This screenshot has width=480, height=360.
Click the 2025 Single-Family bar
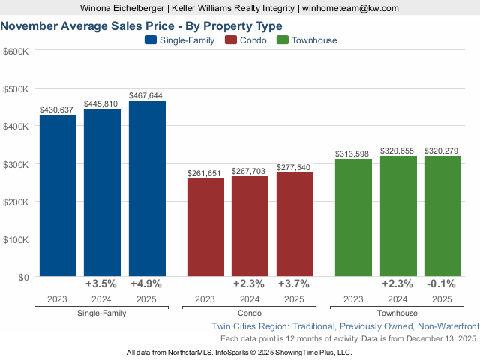(147, 188)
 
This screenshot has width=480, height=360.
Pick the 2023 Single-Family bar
(58, 196)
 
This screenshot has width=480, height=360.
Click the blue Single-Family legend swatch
(151, 40)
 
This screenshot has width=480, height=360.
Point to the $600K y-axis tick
(16, 51)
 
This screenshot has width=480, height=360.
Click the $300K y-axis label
(16, 164)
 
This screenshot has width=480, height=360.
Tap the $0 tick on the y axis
(22, 277)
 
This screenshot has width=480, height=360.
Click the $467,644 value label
(146, 96)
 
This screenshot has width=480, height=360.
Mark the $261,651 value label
(205, 174)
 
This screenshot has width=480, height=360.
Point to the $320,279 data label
(442, 151)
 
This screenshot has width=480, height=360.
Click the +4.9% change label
(146, 283)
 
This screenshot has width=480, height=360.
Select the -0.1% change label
(442, 283)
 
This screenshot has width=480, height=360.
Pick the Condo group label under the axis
(250, 313)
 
